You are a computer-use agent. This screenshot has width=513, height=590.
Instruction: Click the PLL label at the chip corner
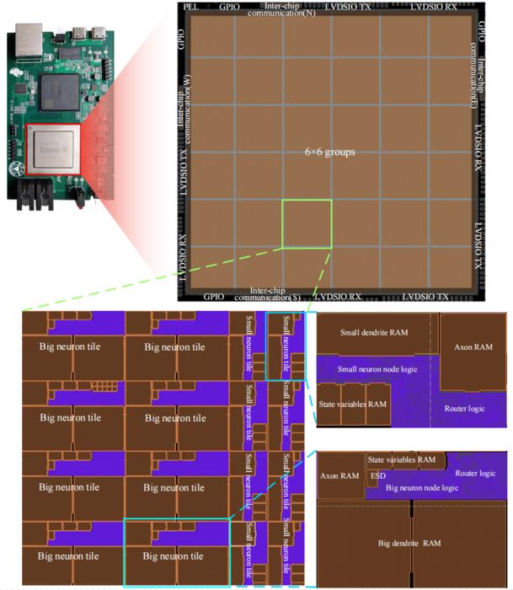(x=190, y=6)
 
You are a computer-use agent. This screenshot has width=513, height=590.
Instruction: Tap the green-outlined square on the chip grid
(x=307, y=224)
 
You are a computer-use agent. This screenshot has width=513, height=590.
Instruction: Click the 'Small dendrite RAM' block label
(x=374, y=333)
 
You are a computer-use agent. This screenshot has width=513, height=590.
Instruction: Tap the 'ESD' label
(x=378, y=475)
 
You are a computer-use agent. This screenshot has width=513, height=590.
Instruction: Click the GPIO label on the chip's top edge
(x=228, y=6)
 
